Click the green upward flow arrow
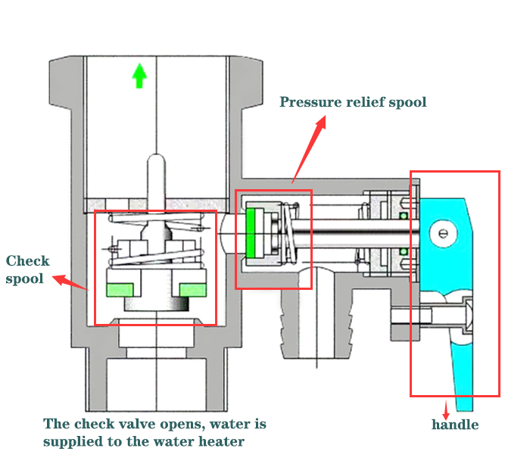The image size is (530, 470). tap(139, 76)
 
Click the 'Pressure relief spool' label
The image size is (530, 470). tap(353, 102)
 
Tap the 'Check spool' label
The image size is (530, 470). tap(27, 269)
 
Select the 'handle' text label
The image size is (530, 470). tap(455, 425)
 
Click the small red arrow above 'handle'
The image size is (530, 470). tap(446, 409)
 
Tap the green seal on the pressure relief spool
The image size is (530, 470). tap(251, 232)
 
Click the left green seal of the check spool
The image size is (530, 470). tap(121, 288)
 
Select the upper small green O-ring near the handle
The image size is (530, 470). tap(404, 216)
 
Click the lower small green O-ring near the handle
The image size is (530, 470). tap(404, 251)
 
